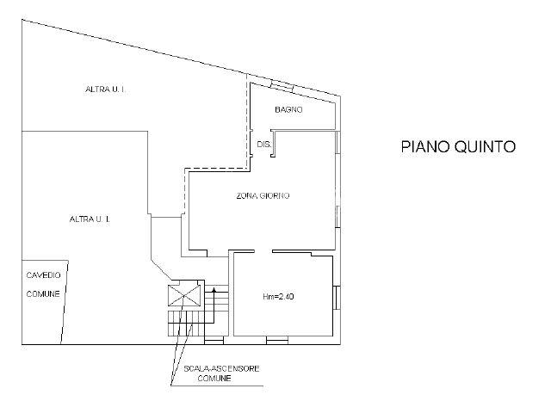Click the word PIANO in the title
tap(425, 146)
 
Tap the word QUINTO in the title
tap(485, 146)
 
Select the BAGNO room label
tap(288, 109)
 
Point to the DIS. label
tap(263, 144)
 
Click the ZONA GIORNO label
tap(263, 195)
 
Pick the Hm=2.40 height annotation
tap(278, 297)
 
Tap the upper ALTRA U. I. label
tap(105, 89)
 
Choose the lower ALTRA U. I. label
tap(90, 219)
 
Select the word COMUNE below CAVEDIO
tap(43, 294)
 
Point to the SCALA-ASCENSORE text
tap(221, 368)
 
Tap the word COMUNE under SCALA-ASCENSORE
tap(214, 378)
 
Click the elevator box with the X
tap(184, 296)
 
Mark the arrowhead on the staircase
tap(214, 290)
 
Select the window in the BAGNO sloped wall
tap(282, 85)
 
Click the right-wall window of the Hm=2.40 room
tap(337, 298)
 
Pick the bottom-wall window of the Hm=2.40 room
tap(277, 340)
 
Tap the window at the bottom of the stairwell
tap(214, 340)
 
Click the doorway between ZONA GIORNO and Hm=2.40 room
tap(263, 251)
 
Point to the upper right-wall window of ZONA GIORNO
tap(337, 142)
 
